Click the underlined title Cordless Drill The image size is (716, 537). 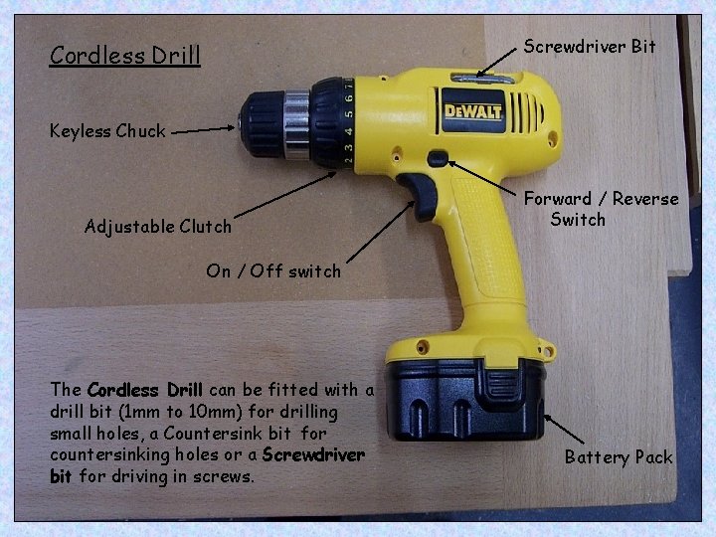(124, 56)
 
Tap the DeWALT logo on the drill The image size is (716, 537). (473, 111)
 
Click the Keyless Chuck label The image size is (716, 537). (107, 131)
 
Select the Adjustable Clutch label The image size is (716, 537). (157, 227)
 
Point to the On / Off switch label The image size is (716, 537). (273, 270)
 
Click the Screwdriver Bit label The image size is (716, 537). (590, 46)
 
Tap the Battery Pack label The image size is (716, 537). (619, 457)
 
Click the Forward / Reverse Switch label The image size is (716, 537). (601, 209)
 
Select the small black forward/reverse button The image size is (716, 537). (438, 158)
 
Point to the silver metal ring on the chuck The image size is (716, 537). (296, 124)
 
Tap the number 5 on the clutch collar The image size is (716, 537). (349, 114)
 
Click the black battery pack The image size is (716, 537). (464, 399)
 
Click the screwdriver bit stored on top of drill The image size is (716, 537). (483, 79)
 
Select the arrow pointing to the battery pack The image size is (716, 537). (564, 430)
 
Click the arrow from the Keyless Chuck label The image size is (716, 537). (203, 130)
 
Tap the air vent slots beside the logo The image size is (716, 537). (526, 113)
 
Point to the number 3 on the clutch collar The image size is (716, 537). (348, 148)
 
